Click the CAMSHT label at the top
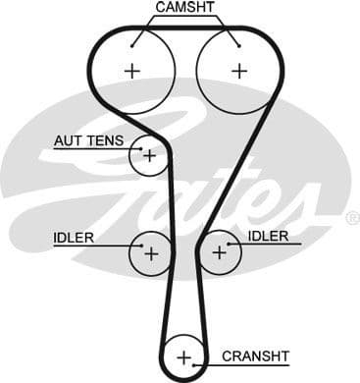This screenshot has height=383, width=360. point(186,8)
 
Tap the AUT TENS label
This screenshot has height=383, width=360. point(88,140)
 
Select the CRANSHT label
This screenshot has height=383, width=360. point(255,356)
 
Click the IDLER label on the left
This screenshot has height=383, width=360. point(75,237)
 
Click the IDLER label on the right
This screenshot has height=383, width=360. point(268,236)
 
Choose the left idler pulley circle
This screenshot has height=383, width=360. point(151,253)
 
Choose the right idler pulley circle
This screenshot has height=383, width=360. point(218,252)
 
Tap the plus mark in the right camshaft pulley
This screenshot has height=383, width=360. point(239,71)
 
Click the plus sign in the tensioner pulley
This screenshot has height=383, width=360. point(149,154)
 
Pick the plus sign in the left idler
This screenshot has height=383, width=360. point(151,253)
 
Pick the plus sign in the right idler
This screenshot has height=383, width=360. point(219,252)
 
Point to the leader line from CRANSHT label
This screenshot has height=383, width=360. point(207,356)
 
